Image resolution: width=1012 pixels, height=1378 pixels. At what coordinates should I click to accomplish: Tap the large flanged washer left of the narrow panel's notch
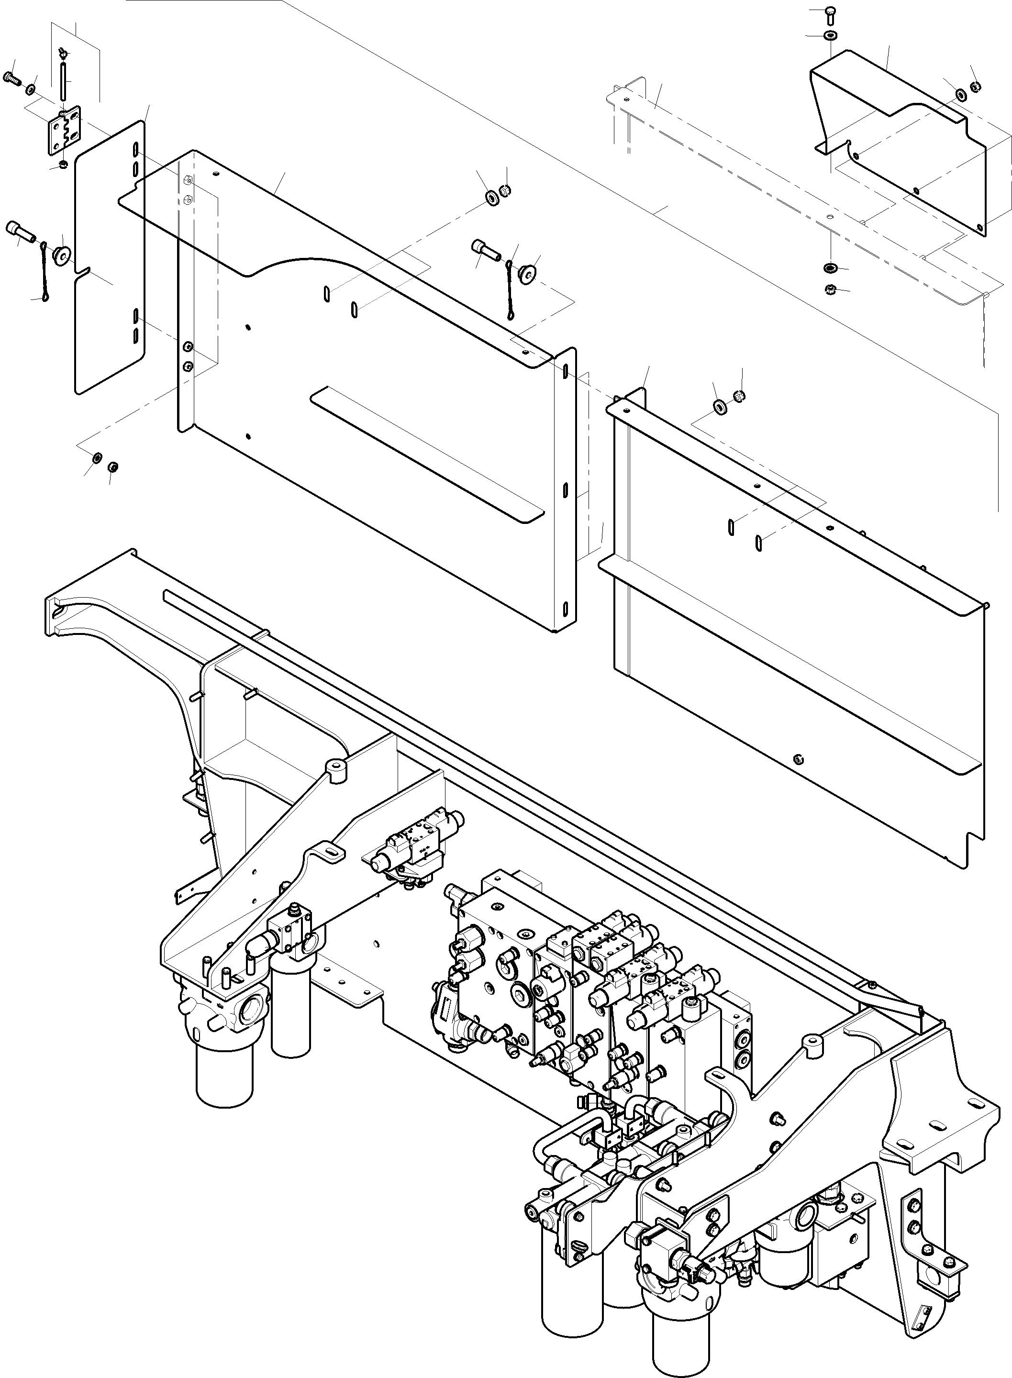point(61,254)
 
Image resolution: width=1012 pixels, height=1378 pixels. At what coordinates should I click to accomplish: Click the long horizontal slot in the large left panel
point(427,453)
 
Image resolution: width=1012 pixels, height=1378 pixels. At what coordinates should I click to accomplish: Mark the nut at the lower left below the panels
point(113,467)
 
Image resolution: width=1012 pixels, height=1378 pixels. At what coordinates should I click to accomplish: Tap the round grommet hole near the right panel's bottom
point(798,760)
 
